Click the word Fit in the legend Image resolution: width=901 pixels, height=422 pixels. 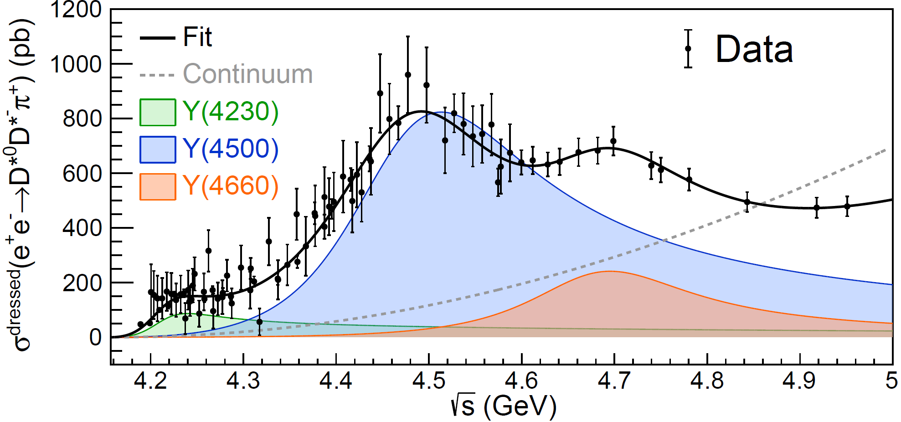pyautogui.click(x=197, y=37)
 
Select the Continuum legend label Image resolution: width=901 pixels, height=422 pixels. pyautogui.click(x=247, y=74)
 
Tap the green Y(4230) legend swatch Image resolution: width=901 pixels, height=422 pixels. pyautogui.click(x=158, y=112)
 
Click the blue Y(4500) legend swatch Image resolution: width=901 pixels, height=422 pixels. pyautogui.click(x=158, y=149)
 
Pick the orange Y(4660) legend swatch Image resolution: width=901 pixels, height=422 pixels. pyautogui.click(x=158, y=186)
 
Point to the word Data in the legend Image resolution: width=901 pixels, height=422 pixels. pyautogui.click(x=754, y=49)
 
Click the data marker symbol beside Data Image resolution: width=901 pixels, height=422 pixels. pyautogui.click(x=688, y=49)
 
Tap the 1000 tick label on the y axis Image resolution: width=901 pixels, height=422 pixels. pyautogui.click(x=76, y=64)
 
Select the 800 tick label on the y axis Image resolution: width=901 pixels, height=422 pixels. pyautogui.click(x=82, y=119)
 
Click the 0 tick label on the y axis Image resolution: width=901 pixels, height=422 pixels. pyautogui.click(x=95, y=338)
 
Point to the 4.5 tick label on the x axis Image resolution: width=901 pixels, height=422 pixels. pyautogui.click(x=428, y=381)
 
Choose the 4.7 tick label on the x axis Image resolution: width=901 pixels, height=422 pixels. pyautogui.click(x=614, y=381)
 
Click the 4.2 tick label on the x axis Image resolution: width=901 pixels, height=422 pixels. pyautogui.click(x=151, y=381)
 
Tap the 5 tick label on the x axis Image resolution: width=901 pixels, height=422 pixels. pyautogui.click(x=891, y=381)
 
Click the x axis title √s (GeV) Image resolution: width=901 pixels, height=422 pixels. pyautogui.click(x=503, y=406)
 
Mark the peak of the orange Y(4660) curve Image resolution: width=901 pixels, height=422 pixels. pyautogui.click(x=609, y=272)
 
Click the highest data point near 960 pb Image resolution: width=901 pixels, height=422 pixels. pyautogui.click(x=408, y=75)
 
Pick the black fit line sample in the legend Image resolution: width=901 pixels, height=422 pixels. pyautogui.click(x=157, y=38)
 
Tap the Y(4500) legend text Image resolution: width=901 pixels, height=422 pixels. pyautogui.click(x=231, y=149)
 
